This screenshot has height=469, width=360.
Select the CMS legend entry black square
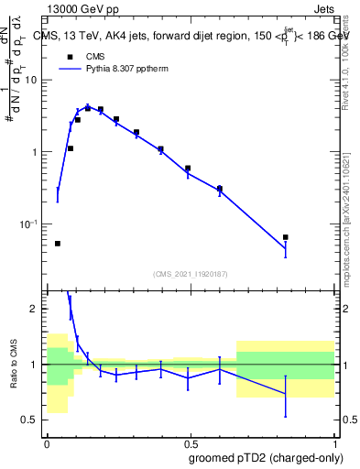tap(70, 56)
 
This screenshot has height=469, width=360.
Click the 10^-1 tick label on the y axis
tap(30, 224)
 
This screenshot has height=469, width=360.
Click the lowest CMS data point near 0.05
tap(58, 244)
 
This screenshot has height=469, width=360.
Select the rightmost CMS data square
tap(286, 237)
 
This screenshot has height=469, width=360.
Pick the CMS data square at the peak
tap(88, 108)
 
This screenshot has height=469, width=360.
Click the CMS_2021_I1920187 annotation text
tap(190, 273)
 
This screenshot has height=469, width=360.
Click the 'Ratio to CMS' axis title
tap(14, 364)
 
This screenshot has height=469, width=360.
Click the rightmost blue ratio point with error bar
tap(286, 395)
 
